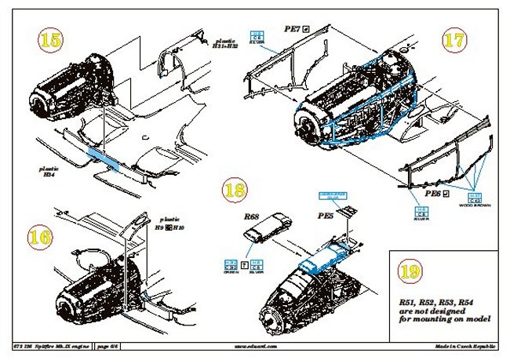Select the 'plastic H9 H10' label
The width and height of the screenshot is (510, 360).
coord(169,224)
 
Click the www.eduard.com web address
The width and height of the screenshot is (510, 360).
coord(256,344)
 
